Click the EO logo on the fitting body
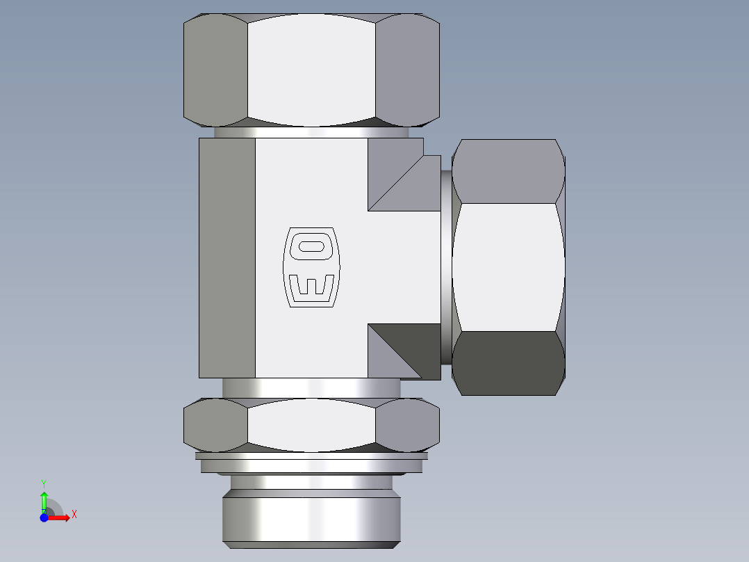point(311,267)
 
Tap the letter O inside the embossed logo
point(311,246)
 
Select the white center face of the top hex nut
point(311,70)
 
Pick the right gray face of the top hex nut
point(408,70)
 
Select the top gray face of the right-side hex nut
point(509,170)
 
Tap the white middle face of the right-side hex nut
point(509,267)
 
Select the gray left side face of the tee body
point(227,257)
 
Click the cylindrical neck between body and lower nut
point(311,388)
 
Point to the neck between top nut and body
point(311,132)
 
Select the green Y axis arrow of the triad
point(44,499)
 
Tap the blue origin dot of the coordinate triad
point(44,517)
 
